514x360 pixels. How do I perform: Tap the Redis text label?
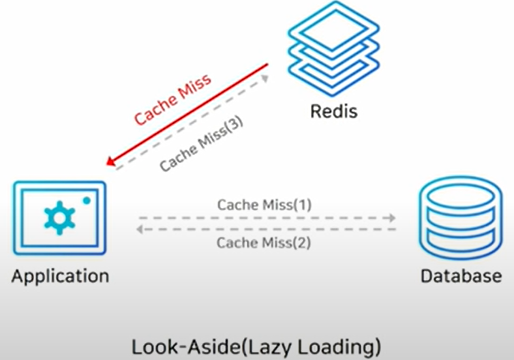tap(333, 110)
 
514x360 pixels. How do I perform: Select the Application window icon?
tap(59, 217)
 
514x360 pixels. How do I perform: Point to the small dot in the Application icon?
tap(87, 200)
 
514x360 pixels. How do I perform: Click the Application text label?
tap(60, 275)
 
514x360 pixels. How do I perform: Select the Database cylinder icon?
tap(461, 216)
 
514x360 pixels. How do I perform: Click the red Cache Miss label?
tap(172, 100)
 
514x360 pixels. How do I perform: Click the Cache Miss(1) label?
tap(264, 204)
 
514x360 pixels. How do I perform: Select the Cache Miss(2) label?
tap(264, 243)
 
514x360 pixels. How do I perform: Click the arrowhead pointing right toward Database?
tap(391, 218)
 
